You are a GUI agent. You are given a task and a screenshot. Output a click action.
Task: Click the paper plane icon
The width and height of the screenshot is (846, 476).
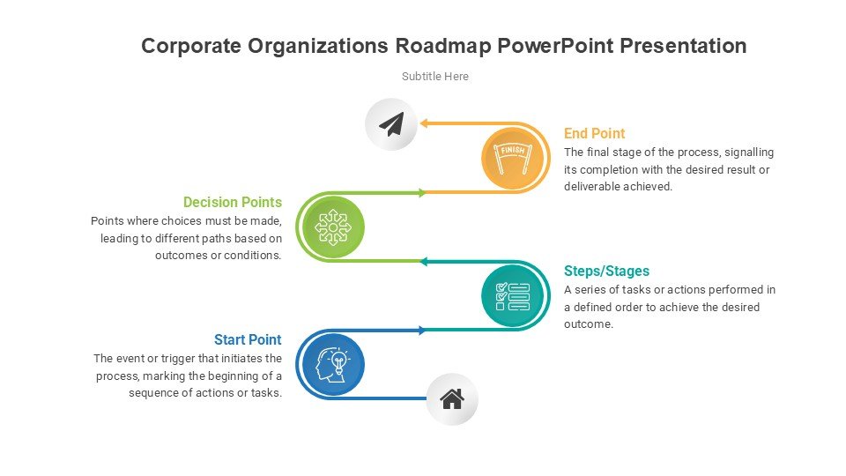(x=391, y=124)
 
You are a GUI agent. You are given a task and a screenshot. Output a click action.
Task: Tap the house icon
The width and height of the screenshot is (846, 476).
(x=452, y=399)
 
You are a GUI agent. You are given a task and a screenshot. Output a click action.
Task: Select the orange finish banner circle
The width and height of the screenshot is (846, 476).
(x=512, y=158)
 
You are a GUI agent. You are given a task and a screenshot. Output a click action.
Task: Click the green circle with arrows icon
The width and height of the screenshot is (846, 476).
(x=333, y=227)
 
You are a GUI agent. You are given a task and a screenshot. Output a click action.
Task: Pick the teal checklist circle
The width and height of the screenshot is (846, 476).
(x=512, y=296)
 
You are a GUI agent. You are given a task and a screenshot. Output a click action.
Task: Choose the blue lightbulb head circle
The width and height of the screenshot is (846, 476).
(x=333, y=364)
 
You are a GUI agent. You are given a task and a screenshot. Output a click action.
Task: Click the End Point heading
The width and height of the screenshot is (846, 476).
(x=594, y=133)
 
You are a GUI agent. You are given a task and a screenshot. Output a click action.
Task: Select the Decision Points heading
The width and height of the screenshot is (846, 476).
(x=233, y=202)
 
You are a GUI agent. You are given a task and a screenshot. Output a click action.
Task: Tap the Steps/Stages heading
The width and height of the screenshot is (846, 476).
(x=606, y=271)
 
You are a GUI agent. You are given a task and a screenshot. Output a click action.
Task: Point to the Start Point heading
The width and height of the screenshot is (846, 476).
(x=248, y=339)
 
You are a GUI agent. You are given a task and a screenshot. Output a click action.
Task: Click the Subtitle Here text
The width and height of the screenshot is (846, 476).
(x=434, y=77)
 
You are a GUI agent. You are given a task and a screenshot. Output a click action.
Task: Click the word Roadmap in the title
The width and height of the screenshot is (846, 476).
(x=443, y=47)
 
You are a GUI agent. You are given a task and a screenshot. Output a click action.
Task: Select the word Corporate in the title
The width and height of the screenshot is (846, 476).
(x=191, y=47)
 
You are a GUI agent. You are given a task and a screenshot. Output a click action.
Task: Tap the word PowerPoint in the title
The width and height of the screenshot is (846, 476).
(x=555, y=46)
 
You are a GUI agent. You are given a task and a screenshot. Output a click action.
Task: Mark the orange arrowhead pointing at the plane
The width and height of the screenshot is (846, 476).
(x=424, y=123)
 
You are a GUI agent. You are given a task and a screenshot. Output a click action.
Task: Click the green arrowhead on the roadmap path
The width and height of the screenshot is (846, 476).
(x=423, y=193)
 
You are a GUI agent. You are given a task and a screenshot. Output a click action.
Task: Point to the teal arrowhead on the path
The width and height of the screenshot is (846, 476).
(x=424, y=262)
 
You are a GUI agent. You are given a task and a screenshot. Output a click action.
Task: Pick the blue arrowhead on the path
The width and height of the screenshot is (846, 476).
(x=423, y=331)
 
